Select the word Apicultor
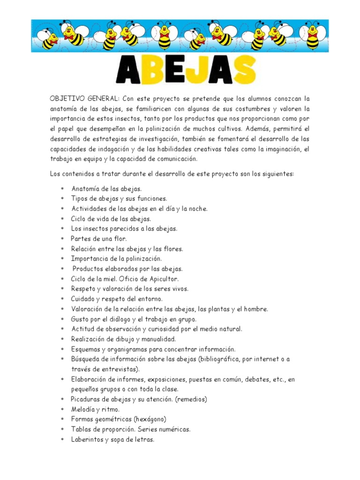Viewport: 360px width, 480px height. pyautogui.click(x=162, y=279)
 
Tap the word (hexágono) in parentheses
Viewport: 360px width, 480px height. pyautogui.click(x=150, y=419)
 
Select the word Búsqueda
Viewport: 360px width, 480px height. pyautogui.click(x=86, y=359)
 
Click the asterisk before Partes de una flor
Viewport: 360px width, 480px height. pyautogui.click(x=62, y=239)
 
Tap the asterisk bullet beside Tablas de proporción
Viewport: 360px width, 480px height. pyautogui.click(x=62, y=429)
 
